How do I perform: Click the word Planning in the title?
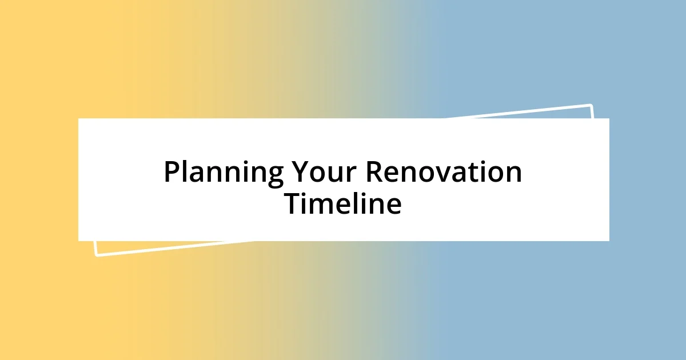(x=223, y=173)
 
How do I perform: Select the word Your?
(x=324, y=173)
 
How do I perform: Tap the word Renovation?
(x=444, y=173)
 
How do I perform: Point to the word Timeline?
(x=343, y=204)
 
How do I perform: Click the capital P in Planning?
(x=171, y=173)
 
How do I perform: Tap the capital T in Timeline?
(x=293, y=204)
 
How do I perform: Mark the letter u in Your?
(x=336, y=175)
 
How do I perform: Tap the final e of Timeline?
(x=393, y=206)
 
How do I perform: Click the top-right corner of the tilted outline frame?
(x=591, y=105)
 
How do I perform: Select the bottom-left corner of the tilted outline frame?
(x=96, y=255)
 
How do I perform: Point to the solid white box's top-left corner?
(x=78, y=118)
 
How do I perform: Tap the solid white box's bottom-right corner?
(x=609, y=241)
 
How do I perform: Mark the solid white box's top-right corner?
(x=609, y=118)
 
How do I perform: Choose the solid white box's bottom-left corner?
(x=78, y=241)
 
